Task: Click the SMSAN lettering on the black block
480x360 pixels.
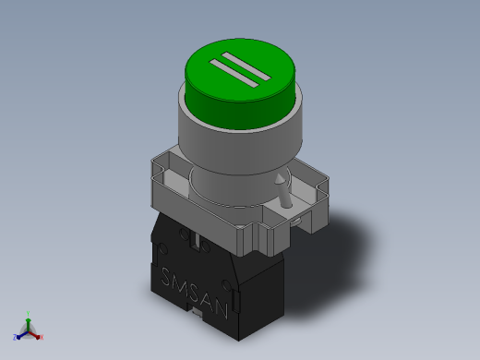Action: coord(195,293)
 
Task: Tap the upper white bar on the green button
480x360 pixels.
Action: coord(246,66)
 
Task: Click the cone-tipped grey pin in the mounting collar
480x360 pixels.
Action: coord(283,191)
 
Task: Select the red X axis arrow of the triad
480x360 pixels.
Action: coord(33,335)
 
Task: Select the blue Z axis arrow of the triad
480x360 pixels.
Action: coord(22,335)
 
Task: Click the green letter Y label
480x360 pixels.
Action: coord(28,314)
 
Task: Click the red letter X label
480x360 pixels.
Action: coord(42,337)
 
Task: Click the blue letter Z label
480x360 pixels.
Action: coord(15,337)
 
